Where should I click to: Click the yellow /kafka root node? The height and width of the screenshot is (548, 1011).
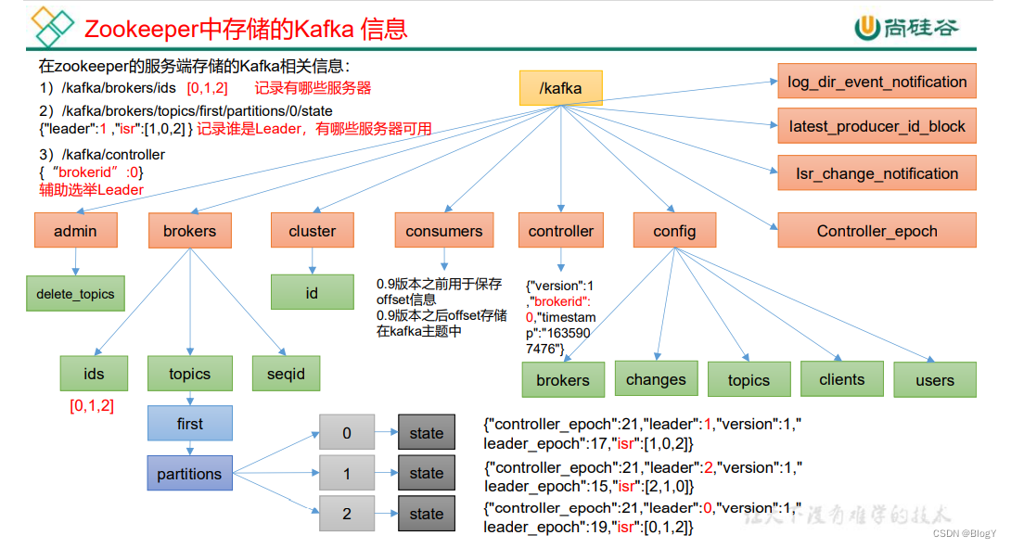click(x=560, y=89)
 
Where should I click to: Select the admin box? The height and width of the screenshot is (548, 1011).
click(x=75, y=231)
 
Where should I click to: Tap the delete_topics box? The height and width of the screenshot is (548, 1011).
click(x=75, y=294)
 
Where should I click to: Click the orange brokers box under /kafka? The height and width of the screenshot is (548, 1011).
click(x=189, y=231)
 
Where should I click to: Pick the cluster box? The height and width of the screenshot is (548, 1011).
click(x=312, y=231)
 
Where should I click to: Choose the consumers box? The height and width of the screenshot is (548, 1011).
click(x=444, y=231)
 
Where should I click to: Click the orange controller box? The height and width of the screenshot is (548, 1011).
click(x=560, y=231)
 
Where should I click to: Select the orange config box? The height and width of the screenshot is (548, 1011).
click(x=674, y=231)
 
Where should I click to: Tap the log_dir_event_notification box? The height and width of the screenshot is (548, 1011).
click(x=877, y=82)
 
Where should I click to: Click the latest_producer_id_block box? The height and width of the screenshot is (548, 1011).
click(x=877, y=126)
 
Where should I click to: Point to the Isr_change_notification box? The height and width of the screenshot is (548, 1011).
click(x=877, y=173)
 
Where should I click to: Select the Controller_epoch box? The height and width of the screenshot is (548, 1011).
click(x=877, y=231)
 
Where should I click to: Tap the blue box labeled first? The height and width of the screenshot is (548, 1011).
click(x=189, y=424)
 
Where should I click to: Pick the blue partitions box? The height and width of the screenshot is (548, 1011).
click(x=189, y=474)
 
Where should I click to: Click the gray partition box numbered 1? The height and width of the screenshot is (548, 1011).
click(x=347, y=474)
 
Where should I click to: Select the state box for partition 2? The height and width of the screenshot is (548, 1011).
click(x=427, y=514)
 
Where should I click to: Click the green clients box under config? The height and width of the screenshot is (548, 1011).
click(x=841, y=379)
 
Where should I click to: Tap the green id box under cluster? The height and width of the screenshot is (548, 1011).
click(x=312, y=292)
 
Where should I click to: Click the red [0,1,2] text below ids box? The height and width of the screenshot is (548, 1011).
click(x=92, y=405)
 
